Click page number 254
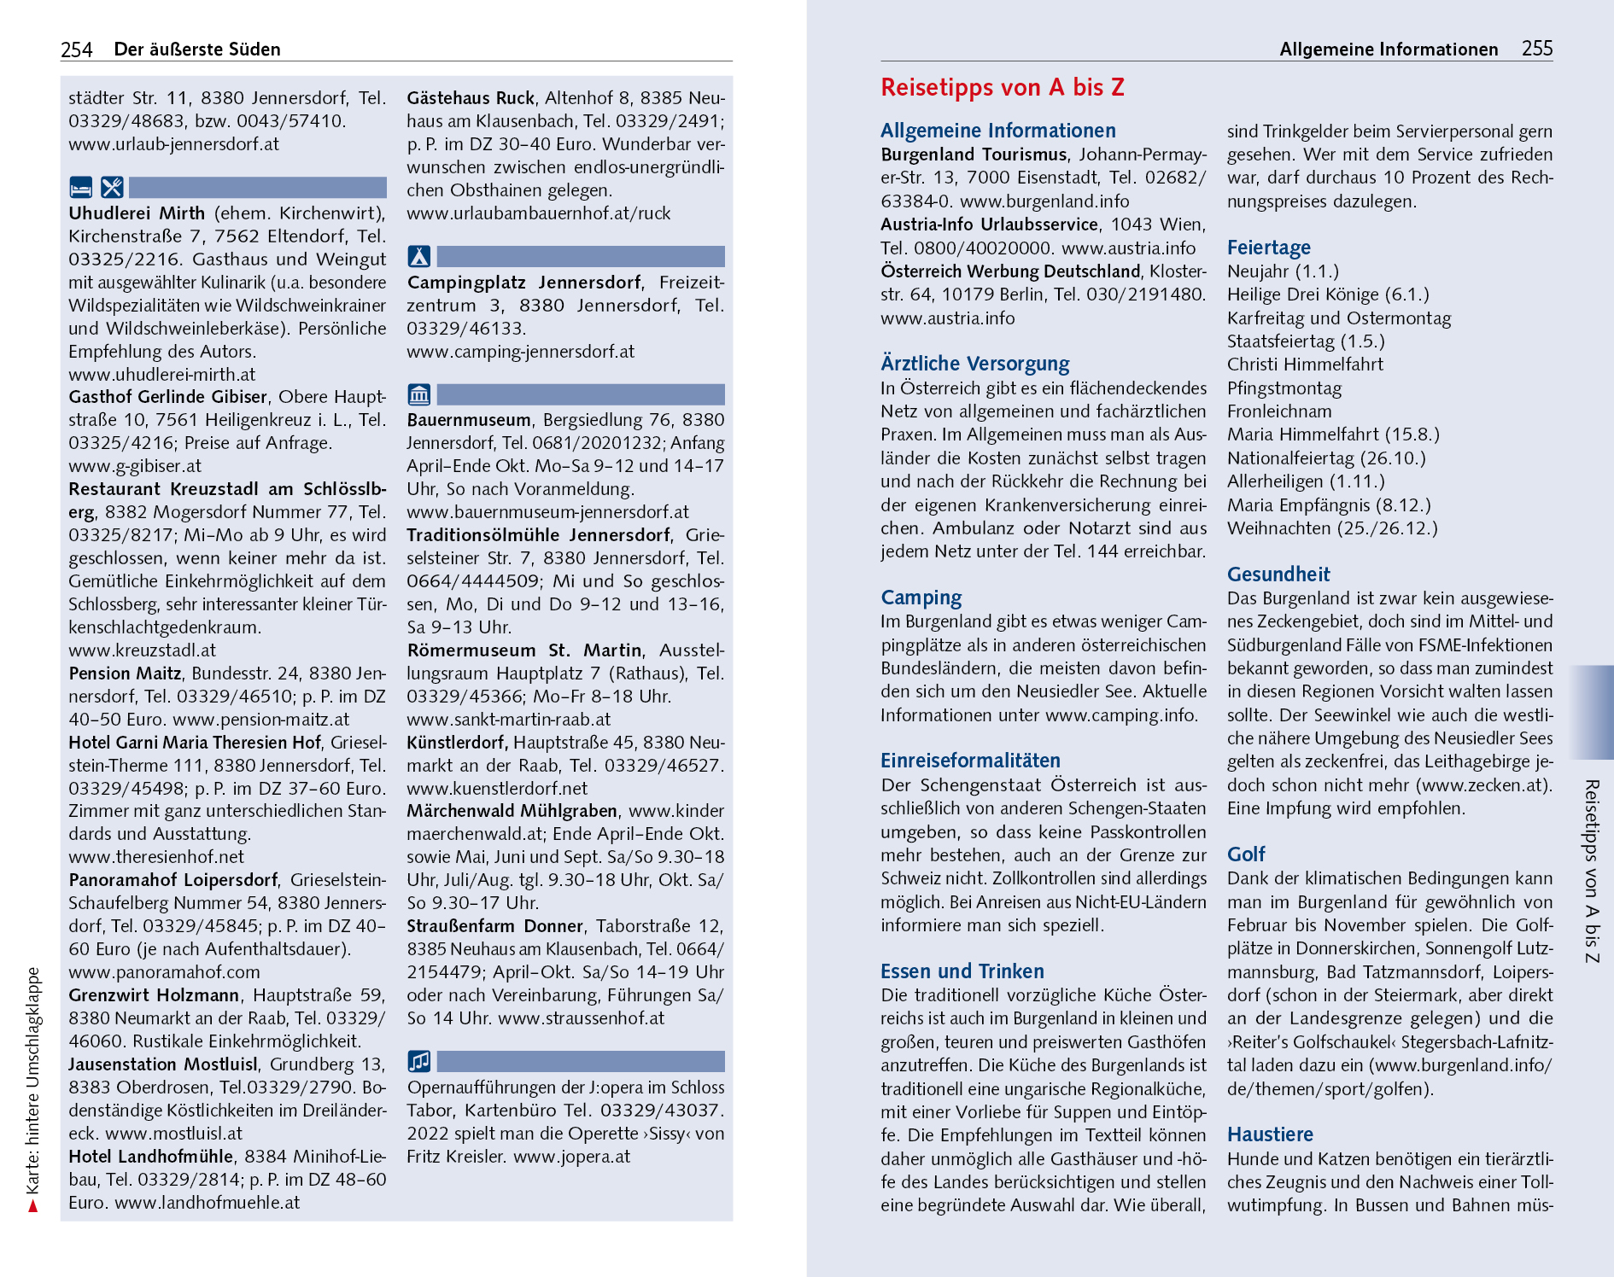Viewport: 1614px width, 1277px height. click(76, 50)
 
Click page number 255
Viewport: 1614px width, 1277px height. click(1536, 49)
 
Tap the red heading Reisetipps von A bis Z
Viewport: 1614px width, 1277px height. click(1002, 87)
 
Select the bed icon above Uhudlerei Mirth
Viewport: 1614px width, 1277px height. click(80, 187)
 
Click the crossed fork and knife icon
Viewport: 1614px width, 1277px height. click(112, 187)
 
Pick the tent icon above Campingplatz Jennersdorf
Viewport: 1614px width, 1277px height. click(418, 256)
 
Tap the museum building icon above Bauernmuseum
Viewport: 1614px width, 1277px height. click(418, 394)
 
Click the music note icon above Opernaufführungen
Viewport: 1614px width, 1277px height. click(418, 1061)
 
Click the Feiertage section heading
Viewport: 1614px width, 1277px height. click(1268, 248)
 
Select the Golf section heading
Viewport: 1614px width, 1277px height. click(1246, 854)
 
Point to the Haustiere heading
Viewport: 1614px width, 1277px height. click(1270, 1134)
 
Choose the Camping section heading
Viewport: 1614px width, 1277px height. click(921, 598)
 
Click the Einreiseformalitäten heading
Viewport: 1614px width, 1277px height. click(970, 761)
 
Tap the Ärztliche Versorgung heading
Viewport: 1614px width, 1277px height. click(974, 364)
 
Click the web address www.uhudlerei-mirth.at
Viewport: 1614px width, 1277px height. click(162, 374)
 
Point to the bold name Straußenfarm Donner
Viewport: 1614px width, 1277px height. click(494, 926)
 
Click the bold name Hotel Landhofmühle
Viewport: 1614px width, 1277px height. click(150, 1157)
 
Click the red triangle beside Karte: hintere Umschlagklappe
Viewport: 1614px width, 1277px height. click(33, 1205)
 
